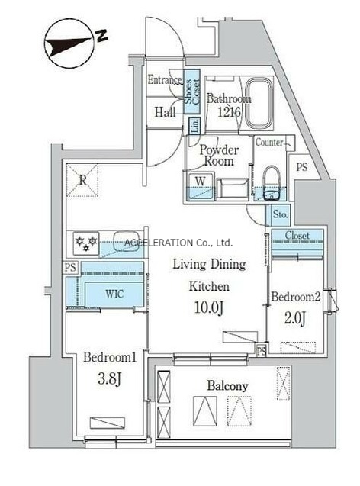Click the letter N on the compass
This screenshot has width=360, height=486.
(x=101, y=36)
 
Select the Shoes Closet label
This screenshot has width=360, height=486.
(x=191, y=92)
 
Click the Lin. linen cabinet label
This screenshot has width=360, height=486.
(x=194, y=126)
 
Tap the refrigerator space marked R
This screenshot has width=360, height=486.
(x=82, y=180)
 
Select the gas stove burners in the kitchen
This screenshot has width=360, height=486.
(x=86, y=243)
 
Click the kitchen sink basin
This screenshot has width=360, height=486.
(x=128, y=241)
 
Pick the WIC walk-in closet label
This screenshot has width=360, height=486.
(x=114, y=294)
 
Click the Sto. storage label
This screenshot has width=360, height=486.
(x=280, y=214)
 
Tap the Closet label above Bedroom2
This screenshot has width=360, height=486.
(x=297, y=236)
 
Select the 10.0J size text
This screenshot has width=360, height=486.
(x=209, y=307)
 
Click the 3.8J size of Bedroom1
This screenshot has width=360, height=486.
(x=109, y=378)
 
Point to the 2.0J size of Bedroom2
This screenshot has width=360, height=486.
(x=295, y=318)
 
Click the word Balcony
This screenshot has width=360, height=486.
(x=228, y=386)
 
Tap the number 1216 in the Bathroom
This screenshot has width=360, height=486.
(x=229, y=112)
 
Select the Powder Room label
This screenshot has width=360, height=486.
(x=219, y=156)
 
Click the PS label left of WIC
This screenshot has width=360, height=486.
(x=70, y=267)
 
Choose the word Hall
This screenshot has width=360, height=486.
(x=166, y=112)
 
